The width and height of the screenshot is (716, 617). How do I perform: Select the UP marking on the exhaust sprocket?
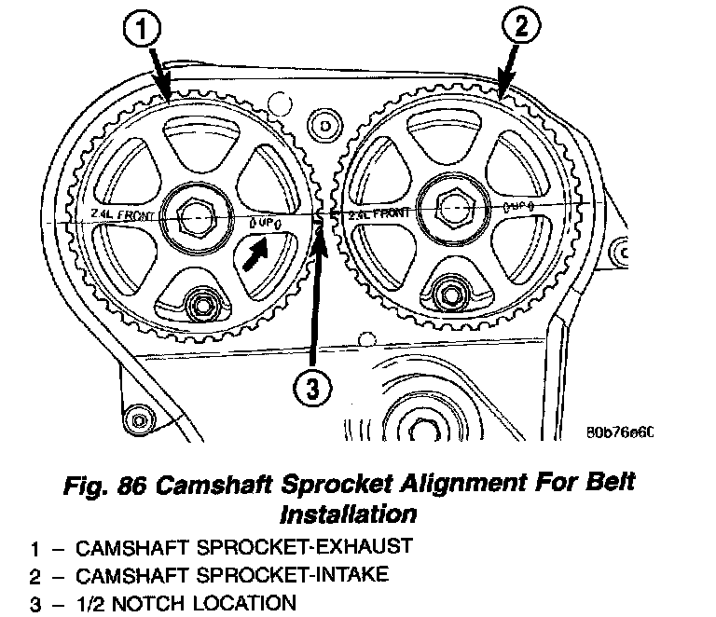pos(265,224)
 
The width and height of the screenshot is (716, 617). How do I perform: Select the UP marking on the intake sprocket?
pos(517,203)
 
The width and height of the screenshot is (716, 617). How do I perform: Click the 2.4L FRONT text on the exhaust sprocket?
pos(124,215)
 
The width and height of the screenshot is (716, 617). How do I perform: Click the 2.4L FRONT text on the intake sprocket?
pos(379,214)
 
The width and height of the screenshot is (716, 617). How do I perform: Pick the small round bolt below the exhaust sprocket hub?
pos(200,304)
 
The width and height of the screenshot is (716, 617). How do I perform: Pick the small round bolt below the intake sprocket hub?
pos(453,291)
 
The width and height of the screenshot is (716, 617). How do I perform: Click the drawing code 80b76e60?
pos(619,432)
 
